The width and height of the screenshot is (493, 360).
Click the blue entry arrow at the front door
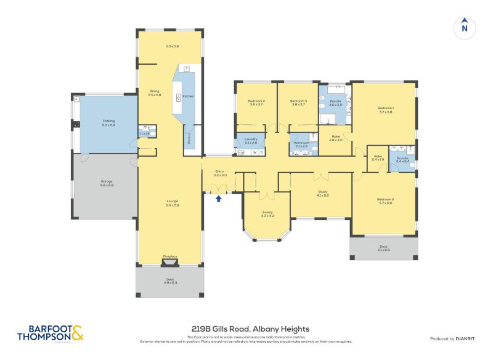[218, 198]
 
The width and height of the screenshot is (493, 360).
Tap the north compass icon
[465, 28]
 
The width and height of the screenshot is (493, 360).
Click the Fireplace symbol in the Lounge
[170, 262]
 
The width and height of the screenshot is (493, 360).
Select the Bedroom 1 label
[386, 110]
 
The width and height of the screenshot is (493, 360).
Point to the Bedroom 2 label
[385, 201]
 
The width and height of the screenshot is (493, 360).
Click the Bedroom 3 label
[298, 102]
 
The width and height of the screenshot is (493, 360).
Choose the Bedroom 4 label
[256, 102]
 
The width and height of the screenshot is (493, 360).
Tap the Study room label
[322, 193]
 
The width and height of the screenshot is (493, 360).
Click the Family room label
[267, 213]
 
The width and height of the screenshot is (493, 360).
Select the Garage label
[107, 182]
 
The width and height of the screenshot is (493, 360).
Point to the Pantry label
[189, 134]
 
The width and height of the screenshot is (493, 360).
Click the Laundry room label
[250, 141]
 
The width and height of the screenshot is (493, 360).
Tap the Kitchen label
[188, 97]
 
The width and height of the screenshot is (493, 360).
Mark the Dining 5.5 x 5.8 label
[154, 93]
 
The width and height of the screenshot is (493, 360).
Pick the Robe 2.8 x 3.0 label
[335, 138]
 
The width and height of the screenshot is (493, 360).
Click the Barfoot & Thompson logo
[50, 333]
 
